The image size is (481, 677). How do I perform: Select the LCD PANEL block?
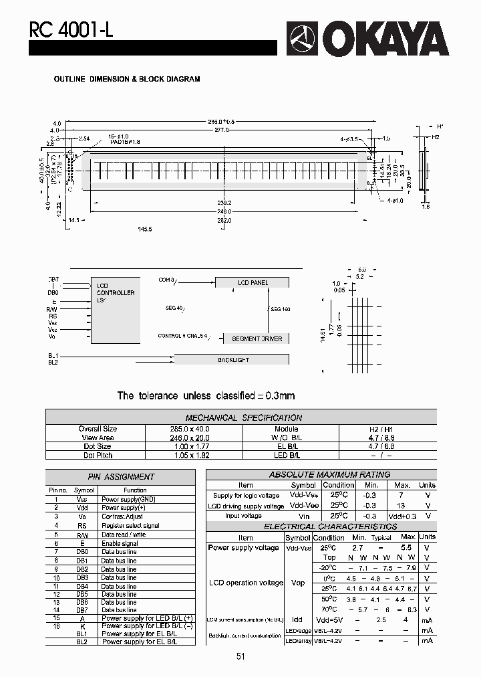(253, 283)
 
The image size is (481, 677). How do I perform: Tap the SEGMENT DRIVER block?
(257, 339)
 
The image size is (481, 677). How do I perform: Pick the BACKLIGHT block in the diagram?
(233, 360)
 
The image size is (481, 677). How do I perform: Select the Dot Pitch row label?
(98, 455)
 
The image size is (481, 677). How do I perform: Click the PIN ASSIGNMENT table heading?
(121, 477)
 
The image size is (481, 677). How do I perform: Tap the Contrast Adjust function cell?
(122, 516)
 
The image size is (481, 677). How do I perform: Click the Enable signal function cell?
(120, 543)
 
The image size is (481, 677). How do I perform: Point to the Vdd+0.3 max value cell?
(402, 516)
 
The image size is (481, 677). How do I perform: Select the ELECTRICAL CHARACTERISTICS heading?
(321, 526)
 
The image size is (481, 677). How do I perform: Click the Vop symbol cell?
(298, 583)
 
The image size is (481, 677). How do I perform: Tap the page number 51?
(240, 657)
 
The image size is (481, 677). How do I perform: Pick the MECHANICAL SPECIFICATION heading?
(243, 417)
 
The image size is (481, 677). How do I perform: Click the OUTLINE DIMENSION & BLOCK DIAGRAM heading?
(127, 79)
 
